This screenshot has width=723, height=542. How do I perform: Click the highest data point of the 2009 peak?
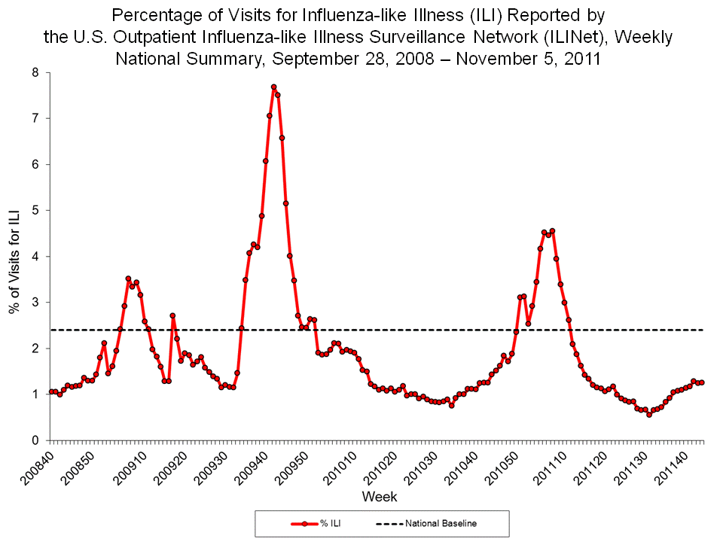(273, 87)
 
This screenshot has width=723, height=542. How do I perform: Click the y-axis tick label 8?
(35, 72)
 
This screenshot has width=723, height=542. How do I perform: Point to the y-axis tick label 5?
(35, 210)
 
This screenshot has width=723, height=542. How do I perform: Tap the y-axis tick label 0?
(35, 440)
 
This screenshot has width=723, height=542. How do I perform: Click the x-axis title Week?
(380, 497)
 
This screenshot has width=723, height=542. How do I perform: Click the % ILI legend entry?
(310, 523)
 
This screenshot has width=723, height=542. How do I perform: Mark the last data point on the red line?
(702, 382)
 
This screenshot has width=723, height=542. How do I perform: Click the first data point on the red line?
(51, 391)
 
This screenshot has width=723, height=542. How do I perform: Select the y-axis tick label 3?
(35, 302)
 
